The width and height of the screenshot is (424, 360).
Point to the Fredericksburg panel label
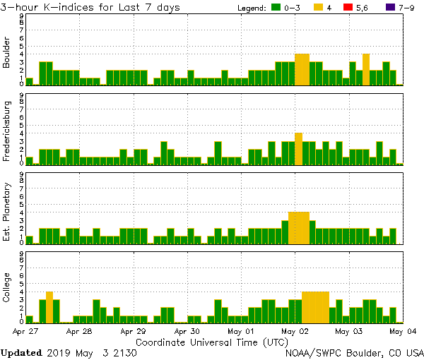[7, 131]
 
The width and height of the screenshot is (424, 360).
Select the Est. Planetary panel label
[7, 212]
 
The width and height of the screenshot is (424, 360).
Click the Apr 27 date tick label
[25, 330]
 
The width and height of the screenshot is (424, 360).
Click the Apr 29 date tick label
[133, 330]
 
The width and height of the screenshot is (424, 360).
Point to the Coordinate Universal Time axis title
[213, 341]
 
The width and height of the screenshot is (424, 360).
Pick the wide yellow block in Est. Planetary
[298, 227]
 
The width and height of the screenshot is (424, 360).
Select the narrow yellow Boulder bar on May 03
[366, 69]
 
